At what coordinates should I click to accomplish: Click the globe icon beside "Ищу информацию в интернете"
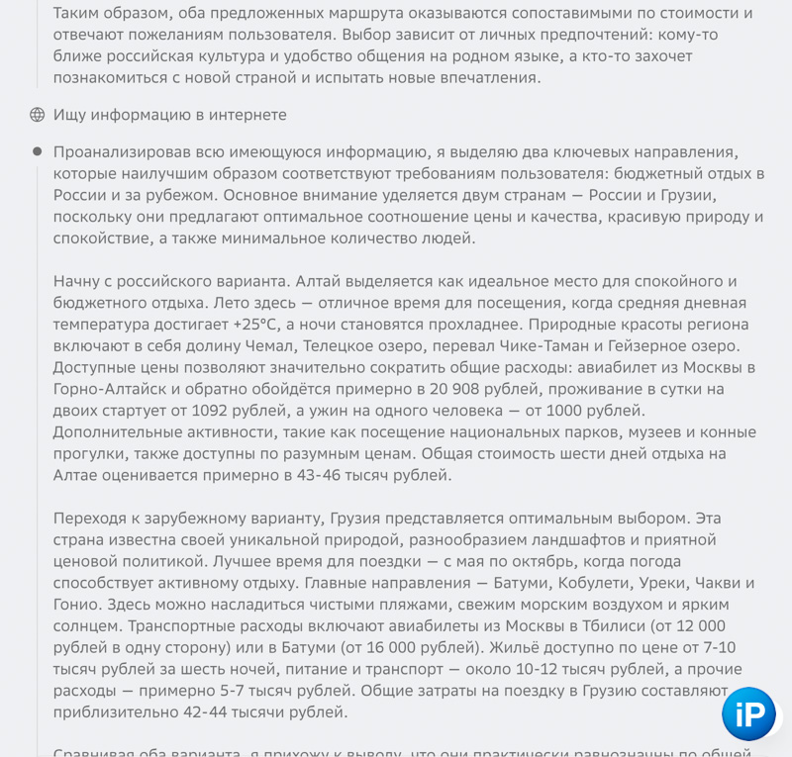click(x=38, y=115)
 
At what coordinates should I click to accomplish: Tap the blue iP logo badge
click(x=748, y=712)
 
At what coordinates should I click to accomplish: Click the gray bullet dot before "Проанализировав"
click(x=38, y=151)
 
